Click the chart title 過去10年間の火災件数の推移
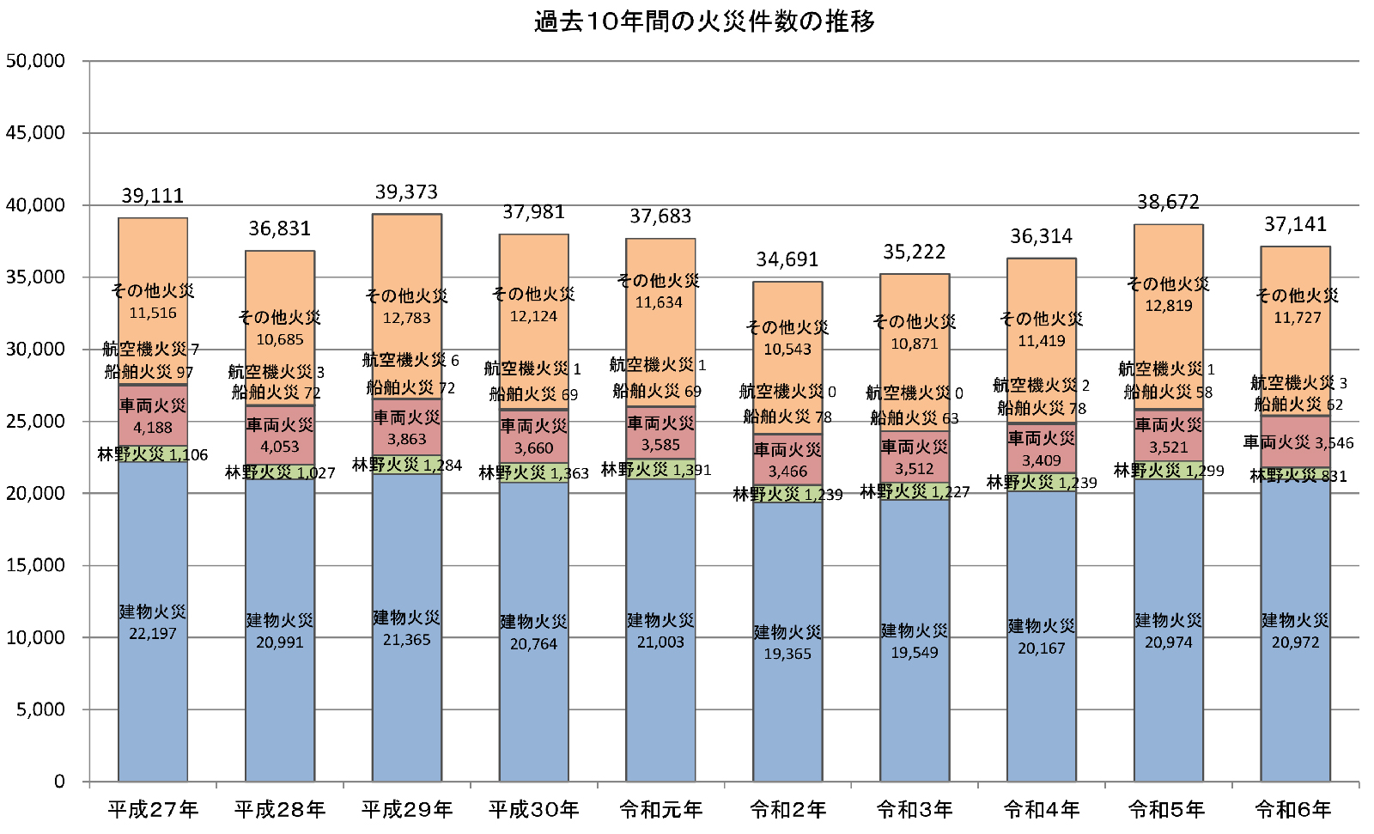704,21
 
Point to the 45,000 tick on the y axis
36,133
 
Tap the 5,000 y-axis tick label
41,709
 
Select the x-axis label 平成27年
153,809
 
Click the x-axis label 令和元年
660,809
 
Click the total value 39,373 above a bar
406,192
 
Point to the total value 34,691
787,259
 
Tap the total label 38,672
1168,203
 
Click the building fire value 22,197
153,634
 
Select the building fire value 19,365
787,654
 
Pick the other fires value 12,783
406,318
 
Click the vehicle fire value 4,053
279,447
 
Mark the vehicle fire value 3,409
1041,460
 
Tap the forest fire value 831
1334,477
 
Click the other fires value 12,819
1168,306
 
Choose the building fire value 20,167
1041,648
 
